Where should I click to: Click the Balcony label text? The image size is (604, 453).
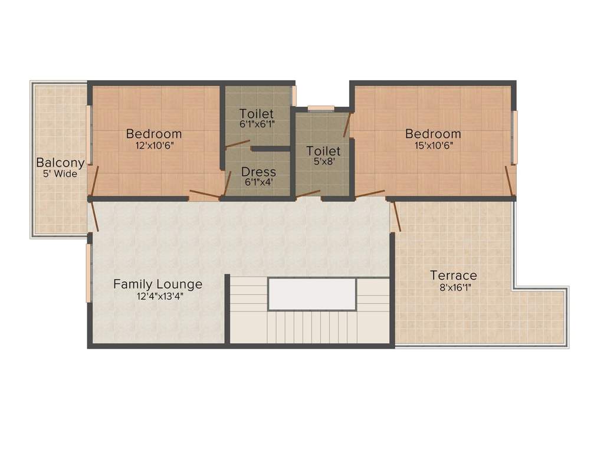click(x=60, y=163)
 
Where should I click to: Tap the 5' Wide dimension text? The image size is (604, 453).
click(x=60, y=174)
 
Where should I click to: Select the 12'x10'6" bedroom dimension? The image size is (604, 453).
click(x=154, y=145)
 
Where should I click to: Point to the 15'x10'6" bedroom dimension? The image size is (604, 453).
click(x=433, y=145)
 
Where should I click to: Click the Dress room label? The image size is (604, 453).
click(x=259, y=172)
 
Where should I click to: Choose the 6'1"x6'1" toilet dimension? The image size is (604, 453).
click(x=257, y=124)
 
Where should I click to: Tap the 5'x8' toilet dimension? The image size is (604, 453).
click(x=323, y=162)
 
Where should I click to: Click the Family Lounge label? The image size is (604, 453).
click(x=157, y=284)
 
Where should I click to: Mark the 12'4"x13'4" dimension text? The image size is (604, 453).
click(x=157, y=297)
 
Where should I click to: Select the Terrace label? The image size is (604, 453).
click(x=453, y=275)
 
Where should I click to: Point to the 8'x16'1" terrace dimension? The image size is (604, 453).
click(x=453, y=288)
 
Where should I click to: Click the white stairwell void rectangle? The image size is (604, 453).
click(x=312, y=294)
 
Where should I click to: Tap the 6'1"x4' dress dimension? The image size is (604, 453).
click(x=259, y=183)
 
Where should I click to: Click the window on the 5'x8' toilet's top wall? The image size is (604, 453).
click(x=321, y=108)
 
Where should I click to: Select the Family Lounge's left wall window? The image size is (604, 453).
click(x=89, y=273)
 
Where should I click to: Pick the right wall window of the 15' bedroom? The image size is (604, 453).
click(x=514, y=137)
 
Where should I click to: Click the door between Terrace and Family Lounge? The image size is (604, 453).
click(x=396, y=216)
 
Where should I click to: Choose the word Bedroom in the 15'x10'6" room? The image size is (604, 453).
click(x=433, y=134)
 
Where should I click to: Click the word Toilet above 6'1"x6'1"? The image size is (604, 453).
click(x=257, y=113)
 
